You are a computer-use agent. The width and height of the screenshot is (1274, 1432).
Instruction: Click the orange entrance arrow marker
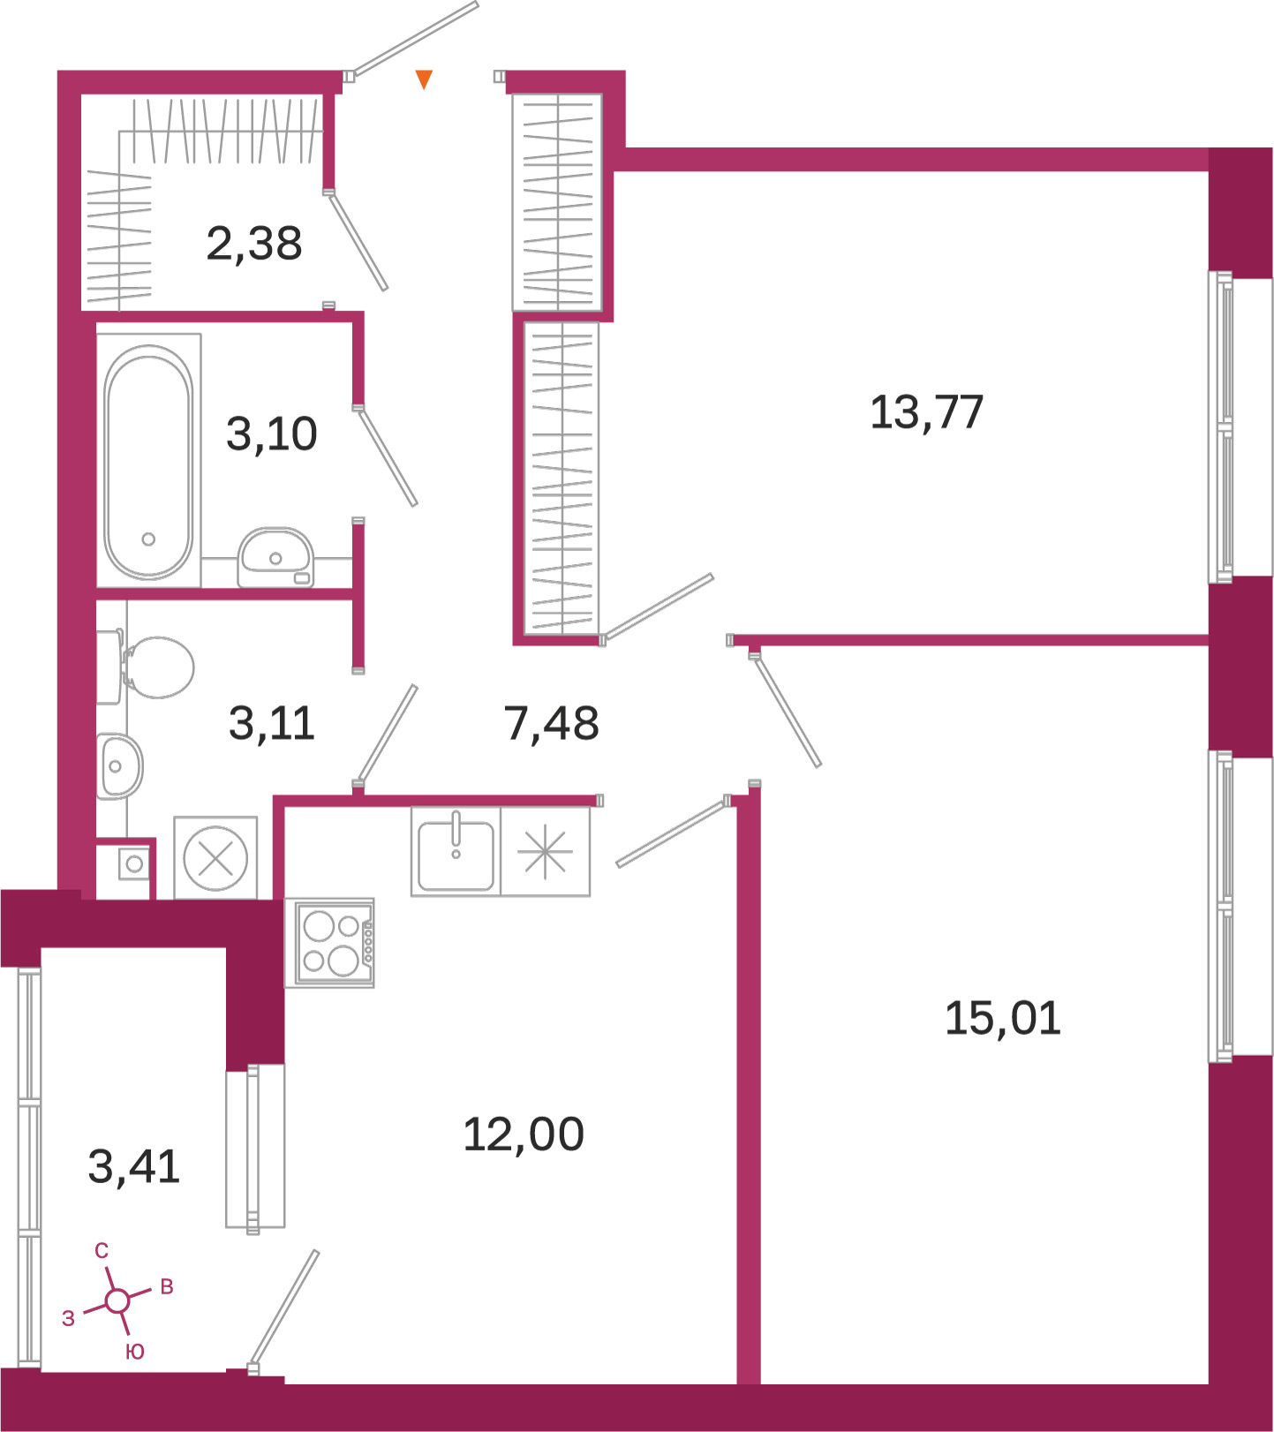[x=424, y=79]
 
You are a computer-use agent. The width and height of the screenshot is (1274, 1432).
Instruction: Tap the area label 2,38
[x=254, y=244]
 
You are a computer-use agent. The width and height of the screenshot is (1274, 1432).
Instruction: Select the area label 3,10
[x=272, y=434]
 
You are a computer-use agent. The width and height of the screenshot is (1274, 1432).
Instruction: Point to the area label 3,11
[x=272, y=723]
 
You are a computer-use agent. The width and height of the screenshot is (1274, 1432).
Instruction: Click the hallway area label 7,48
[x=552, y=723]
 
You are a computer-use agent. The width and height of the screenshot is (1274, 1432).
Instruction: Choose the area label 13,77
[x=926, y=412]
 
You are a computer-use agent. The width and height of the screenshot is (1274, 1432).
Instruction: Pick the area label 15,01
[x=1003, y=1018]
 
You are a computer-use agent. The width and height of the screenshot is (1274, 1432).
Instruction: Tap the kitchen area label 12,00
[x=524, y=1134]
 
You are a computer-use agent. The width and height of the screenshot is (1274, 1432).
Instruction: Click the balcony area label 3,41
[x=134, y=1166]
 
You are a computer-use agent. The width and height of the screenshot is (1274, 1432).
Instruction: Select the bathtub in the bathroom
[x=148, y=462]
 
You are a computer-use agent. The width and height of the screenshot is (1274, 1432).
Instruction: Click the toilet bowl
[x=156, y=668]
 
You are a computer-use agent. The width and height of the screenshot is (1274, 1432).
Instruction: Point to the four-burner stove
[x=330, y=943]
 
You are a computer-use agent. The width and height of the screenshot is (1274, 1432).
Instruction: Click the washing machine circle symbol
[x=215, y=858]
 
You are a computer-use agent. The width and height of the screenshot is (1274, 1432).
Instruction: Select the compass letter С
[x=102, y=1251]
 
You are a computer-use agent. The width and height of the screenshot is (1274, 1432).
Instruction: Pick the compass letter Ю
[x=135, y=1352]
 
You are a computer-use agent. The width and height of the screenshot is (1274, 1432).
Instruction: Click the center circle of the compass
[x=117, y=1300]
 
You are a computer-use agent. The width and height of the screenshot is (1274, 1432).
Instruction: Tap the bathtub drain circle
[x=148, y=539]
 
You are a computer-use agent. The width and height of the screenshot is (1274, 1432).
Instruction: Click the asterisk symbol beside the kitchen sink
[x=545, y=852]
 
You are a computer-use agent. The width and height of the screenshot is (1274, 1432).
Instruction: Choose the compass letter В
[x=167, y=1287]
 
